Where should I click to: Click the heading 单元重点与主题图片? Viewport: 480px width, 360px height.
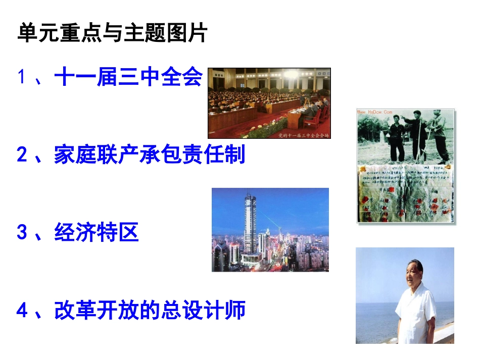pos(112,34)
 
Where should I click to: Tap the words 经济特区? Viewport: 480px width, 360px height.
pos(97,232)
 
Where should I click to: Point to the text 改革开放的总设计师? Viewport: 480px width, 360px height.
pos(150,310)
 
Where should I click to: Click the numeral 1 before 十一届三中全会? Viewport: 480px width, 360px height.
pos(21,78)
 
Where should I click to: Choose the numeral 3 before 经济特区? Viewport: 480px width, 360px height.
pos(22,233)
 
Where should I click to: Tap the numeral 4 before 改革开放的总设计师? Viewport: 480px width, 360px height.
pos(22,311)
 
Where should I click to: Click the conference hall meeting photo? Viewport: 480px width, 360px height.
pos(269,103)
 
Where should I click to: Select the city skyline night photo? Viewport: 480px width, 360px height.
pos(270,230)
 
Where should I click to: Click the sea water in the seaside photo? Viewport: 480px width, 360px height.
pos(374,318)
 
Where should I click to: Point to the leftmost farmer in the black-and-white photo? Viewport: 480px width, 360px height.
pos(397,136)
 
